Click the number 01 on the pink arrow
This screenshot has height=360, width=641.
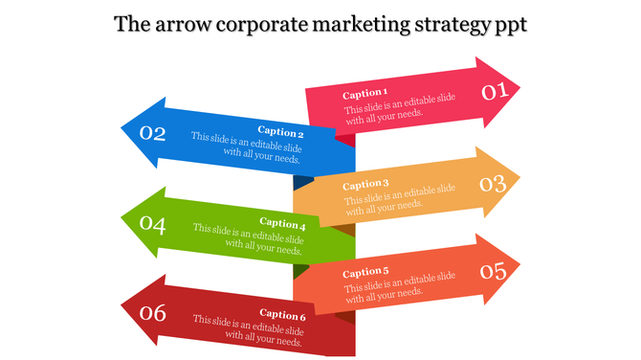tap(493, 92)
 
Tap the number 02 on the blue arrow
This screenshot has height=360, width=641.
tap(153, 134)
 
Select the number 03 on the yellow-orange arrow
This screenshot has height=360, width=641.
tap(493, 183)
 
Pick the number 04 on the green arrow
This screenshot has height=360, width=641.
tap(153, 225)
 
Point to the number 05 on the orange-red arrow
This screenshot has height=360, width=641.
tap(493, 272)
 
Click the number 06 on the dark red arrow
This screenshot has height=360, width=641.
tap(153, 313)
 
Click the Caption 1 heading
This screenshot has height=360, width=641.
tap(365, 94)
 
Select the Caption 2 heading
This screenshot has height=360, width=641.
tap(280, 133)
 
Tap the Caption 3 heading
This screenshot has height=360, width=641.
tap(365, 184)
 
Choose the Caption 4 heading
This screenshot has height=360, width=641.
tap(281, 224)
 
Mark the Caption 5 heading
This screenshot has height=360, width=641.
tap(365, 272)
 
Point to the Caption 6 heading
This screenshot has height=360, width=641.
tap(281, 315)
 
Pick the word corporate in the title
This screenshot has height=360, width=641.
tap(256, 26)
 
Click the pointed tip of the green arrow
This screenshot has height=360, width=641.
tap(123, 222)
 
